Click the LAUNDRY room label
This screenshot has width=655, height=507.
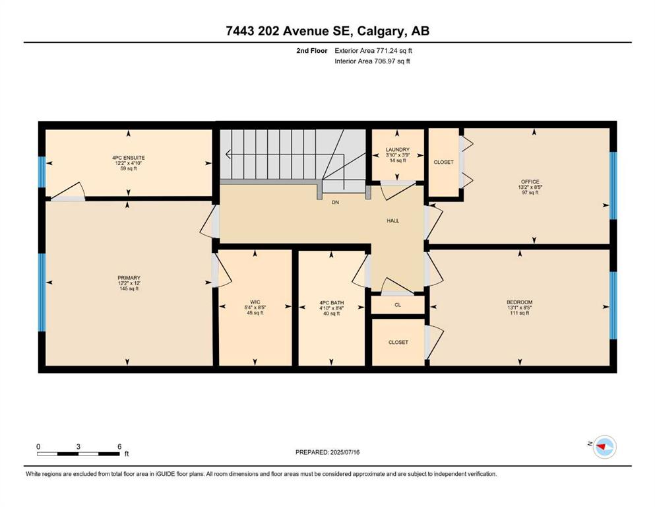[x=398, y=150]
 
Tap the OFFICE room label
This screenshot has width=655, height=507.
[x=530, y=182]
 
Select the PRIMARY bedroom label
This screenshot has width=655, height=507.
[x=129, y=278]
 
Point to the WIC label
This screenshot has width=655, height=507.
[x=255, y=302]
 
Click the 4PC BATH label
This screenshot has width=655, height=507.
[x=332, y=303]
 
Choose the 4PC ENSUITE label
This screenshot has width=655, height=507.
[x=129, y=158]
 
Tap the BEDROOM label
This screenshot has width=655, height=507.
[x=520, y=302]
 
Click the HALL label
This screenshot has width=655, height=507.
[x=392, y=220]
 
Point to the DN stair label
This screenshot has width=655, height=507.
[x=336, y=202]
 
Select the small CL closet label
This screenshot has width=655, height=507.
[x=398, y=305]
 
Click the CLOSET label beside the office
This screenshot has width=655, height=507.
[x=444, y=162]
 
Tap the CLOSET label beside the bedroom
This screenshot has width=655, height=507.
[x=398, y=343]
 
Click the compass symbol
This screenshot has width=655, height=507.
[x=604, y=447]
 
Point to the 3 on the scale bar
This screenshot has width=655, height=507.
[x=78, y=447]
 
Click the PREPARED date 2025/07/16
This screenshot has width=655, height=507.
[x=345, y=452]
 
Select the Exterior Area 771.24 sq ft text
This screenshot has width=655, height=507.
[x=373, y=51]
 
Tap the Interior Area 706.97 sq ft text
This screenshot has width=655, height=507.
[x=372, y=61]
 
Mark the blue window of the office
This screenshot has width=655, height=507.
[x=613, y=186]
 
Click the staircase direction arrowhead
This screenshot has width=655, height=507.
[x=228, y=154]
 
